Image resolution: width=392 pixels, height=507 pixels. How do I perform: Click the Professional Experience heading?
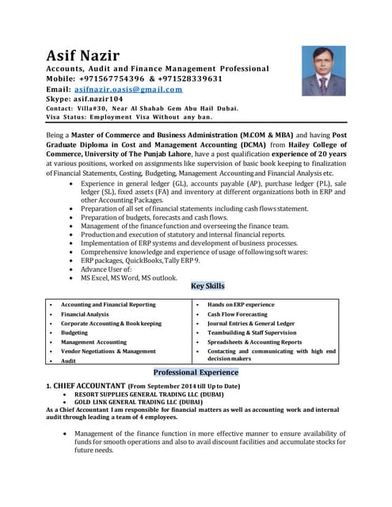point(196,372)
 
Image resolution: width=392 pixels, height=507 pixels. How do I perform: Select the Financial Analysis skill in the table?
point(86,314)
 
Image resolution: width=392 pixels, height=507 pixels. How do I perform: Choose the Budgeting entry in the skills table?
point(74,333)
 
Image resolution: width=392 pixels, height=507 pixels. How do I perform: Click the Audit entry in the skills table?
point(69,360)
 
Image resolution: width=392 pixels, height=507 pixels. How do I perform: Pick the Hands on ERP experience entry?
point(241,304)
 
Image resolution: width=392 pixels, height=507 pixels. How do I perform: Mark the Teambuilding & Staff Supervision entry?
point(252,333)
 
